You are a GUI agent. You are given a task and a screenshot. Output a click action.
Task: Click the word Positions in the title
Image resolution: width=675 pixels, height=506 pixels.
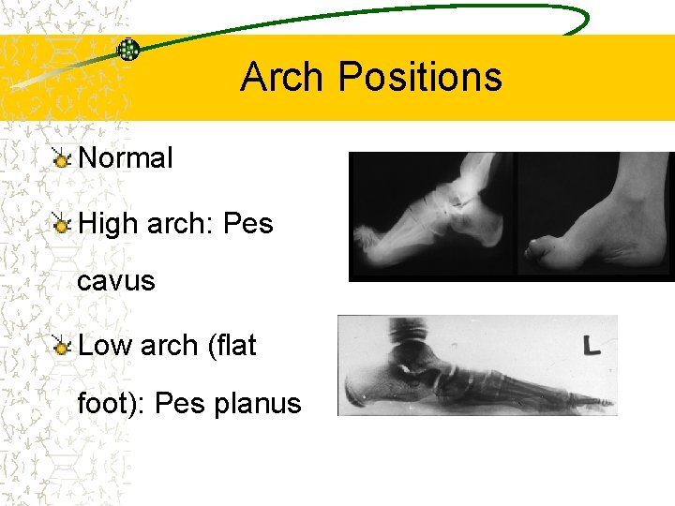point(420,77)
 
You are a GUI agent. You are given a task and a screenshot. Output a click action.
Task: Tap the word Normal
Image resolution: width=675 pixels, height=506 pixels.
point(126,158)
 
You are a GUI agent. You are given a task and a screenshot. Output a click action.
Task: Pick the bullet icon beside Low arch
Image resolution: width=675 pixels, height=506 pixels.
point(62,346)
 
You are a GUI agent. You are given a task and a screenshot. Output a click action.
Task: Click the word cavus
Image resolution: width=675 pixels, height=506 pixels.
point(116,281)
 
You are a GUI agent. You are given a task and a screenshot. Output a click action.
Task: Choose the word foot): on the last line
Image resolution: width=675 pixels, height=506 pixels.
point(112,404)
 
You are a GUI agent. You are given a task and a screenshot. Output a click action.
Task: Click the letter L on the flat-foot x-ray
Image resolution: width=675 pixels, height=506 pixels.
point(592,347)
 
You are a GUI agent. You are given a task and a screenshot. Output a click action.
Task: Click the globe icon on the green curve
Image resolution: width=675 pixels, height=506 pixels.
point(128,50)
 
